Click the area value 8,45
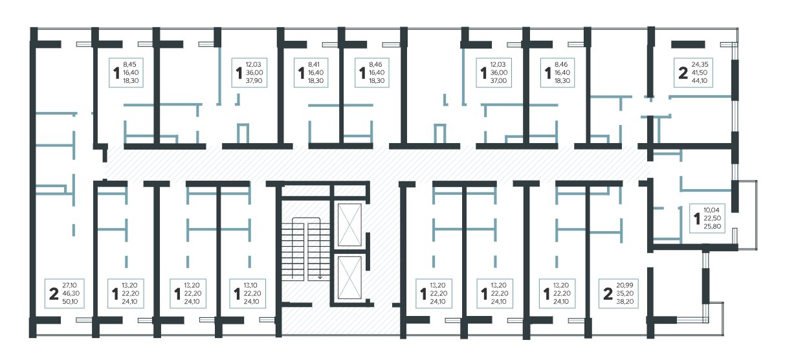point(129,65)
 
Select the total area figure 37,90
point(254,81)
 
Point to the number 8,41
point(314,65)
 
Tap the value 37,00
point(498,81)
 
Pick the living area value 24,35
point(700,65)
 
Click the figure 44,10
point(700,81)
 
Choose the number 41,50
point(700,73)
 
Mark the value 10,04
point(711,210)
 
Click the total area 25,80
point(712,227)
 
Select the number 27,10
point(69,286)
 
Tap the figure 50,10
point(70,302)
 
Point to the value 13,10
point(251,286)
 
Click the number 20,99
point(625,286)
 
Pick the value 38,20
point(625,302)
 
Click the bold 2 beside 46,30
point(54,294)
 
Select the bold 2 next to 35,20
point(608,294)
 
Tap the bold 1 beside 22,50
point(697,219)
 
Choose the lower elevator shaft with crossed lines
point(349,278)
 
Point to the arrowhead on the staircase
point(320,277)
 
